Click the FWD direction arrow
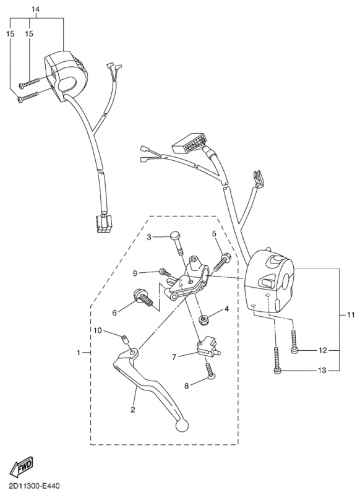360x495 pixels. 22,467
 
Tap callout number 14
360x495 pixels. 35,9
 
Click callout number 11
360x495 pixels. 351,315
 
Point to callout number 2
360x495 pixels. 133,410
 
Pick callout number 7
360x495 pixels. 174,357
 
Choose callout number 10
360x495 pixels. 98,330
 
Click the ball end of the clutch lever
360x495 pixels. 181,425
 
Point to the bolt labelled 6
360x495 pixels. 142,298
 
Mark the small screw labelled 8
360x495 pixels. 210,371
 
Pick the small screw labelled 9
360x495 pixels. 165,272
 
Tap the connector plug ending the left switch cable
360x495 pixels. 104,225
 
